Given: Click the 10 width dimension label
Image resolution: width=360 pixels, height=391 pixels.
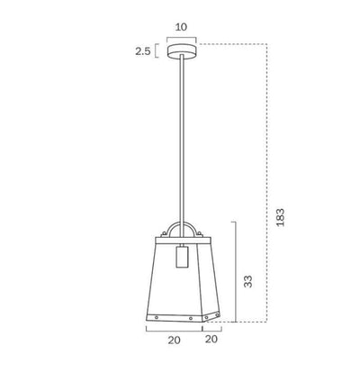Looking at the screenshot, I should coord(181,27).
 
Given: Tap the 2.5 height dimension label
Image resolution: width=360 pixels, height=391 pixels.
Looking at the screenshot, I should coord(142,51).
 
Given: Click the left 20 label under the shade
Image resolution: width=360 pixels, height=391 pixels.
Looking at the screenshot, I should coord(174,340).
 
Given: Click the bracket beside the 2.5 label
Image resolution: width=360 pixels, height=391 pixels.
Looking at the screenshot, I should coord(157,51).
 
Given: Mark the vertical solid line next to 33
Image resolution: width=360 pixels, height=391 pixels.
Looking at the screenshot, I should coord(235,271).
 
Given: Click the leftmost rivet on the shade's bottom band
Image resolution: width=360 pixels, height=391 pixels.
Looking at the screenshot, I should coord(157,317).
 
